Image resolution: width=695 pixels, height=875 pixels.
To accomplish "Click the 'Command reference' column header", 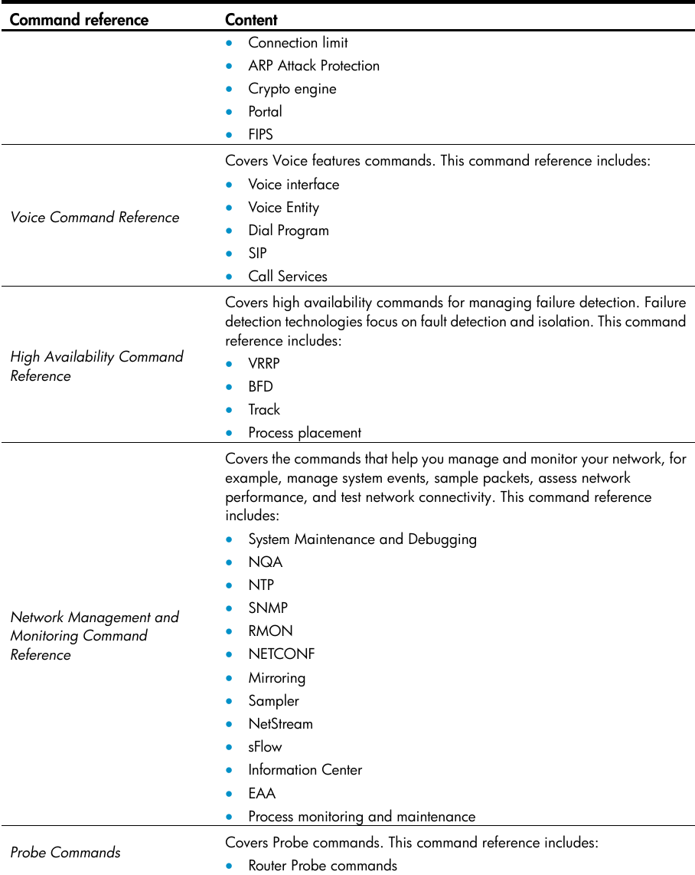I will pyautogui.click(x=79, y=20).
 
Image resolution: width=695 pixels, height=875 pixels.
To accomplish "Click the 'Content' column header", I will pyautogui.click(x=251, y=20).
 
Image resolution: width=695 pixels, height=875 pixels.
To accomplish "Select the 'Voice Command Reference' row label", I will pyautogui.click(x=95, y=218).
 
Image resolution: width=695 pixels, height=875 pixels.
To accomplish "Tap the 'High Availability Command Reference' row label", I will pyautogui.click(x=96, y=366).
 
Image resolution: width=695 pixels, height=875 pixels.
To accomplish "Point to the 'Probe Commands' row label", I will pyautogui.click(x=66, y=852).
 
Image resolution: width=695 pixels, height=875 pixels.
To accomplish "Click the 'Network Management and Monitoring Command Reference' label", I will pyautogui.click(x=94, y=636).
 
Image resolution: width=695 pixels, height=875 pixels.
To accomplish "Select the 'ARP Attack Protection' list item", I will pyautogui.click(x=314, y=66).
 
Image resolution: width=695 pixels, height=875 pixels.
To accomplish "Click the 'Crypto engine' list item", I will pyautogui.click(x=292, y=89).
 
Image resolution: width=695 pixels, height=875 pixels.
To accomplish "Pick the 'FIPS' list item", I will pyautogui.click(x=260, y=135).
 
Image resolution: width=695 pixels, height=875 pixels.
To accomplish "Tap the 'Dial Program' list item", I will pyautogui.click(x=288, y=231).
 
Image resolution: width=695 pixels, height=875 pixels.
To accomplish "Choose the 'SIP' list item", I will pyautogui.click(x=257, y=254).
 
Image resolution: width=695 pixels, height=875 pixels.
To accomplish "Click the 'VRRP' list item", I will pyautogui.click(x=264, y=364).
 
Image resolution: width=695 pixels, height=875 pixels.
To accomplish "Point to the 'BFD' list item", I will pyautogui.click(x=260, y=387).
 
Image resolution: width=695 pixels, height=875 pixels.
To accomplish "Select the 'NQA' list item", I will pyautogui.click(x=265, y=562).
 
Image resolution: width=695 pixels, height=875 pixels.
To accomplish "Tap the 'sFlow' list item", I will pyautogui.click(x=265, y=747).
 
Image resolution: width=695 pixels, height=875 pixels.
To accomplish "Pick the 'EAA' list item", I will pyautogui.click(x=262, y=793).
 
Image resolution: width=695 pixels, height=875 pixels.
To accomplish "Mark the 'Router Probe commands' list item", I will pyautogui.click(x=322, y=866).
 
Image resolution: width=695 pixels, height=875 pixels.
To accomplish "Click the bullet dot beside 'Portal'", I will pyautogui.click(x=230, y=113).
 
